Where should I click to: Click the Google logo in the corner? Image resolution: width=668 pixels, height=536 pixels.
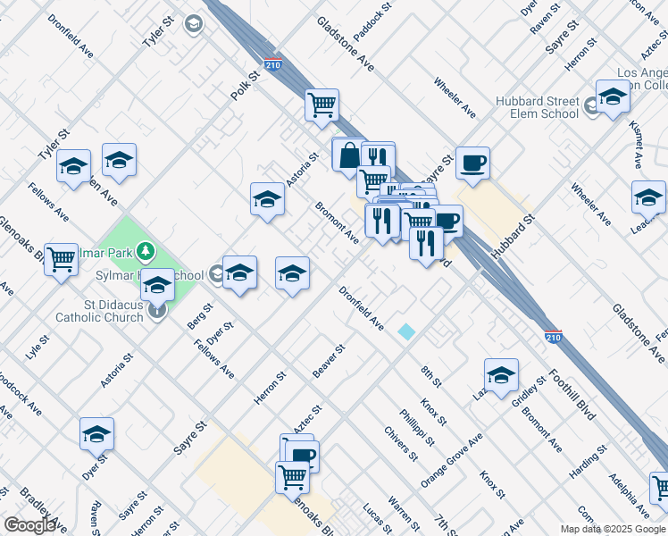29,525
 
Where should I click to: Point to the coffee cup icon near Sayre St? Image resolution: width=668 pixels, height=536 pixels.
472,163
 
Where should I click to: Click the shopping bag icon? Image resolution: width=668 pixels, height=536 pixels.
348,155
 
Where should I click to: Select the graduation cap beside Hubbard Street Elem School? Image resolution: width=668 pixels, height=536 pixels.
613,98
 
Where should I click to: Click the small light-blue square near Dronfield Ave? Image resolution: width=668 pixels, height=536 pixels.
406,331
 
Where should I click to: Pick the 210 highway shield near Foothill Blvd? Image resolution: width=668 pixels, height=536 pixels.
554,337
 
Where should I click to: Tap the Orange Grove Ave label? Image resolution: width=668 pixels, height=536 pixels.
451,459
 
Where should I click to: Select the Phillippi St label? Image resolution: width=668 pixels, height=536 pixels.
416,428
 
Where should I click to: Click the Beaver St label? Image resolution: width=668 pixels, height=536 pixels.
329,360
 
